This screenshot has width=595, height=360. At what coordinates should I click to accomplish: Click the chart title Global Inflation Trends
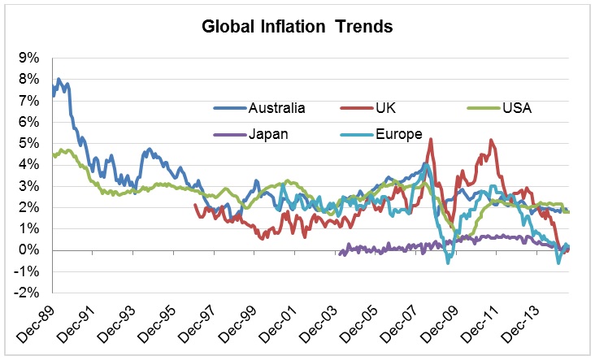pyautogui.click(x=297, y=26)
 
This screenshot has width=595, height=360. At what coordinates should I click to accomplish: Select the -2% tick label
pyautogui.click(x=27, y=293)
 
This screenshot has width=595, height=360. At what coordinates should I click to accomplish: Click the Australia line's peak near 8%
pyautogui.click(x=59, y=79)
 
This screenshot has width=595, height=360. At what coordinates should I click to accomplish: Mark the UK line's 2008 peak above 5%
pyautogui.click(x=430, y=139)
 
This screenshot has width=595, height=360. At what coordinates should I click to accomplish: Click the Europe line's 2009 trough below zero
pyautogui.click(x=448, y=262)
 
